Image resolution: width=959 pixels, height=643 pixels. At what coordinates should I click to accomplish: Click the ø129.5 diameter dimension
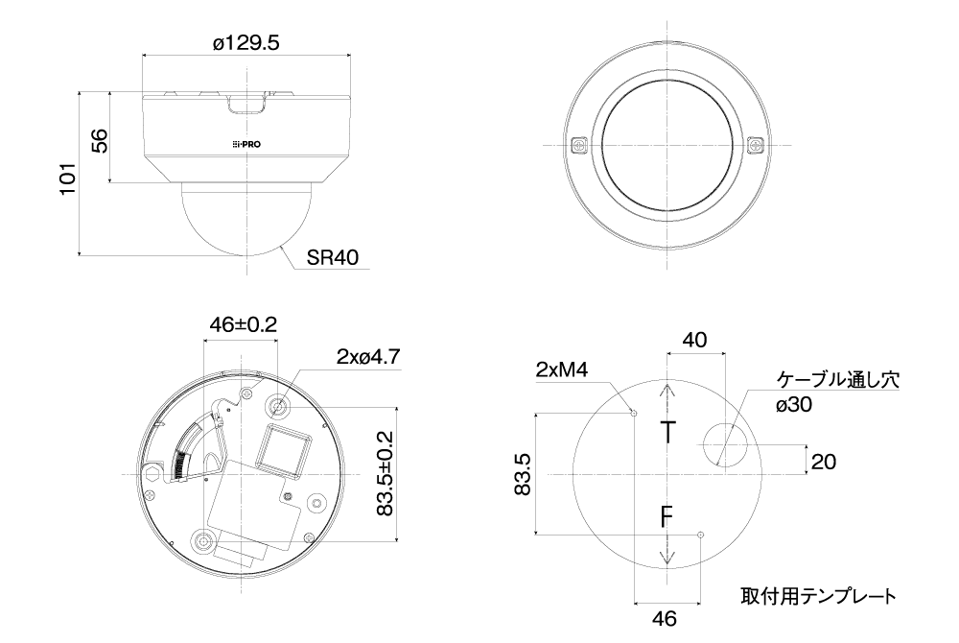coord(246,43)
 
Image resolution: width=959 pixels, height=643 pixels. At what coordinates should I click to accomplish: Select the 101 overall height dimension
coord(67,178)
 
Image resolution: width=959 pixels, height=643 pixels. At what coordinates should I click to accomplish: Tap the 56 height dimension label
coord(99,140)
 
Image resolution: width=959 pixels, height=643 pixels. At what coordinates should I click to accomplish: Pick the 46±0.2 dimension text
coord(243,325)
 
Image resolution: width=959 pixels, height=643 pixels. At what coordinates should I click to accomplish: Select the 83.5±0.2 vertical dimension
coord(384,473)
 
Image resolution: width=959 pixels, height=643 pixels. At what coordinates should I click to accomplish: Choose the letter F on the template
coord(668,519)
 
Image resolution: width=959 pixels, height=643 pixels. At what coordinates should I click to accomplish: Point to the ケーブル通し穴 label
coord(838,378)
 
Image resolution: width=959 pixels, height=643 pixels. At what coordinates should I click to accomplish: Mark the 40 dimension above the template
coord(694,339)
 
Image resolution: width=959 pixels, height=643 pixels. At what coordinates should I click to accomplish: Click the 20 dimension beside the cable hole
coord(823,462)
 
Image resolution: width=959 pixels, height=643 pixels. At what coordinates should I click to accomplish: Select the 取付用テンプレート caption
coord(818,595)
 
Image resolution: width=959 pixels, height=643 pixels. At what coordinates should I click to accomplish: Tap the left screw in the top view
coord(578,146)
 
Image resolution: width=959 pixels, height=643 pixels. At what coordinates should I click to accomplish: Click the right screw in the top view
coord(756,146)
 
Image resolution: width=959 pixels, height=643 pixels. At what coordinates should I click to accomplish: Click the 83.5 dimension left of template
coord(520,474)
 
